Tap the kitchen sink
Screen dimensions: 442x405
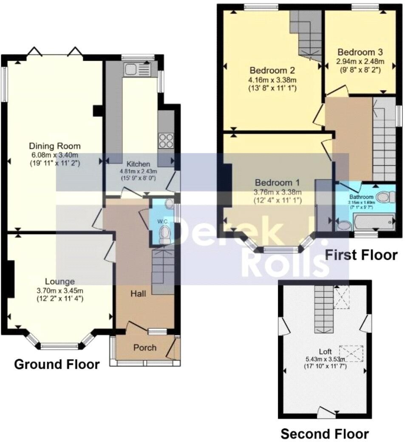pos(136,69)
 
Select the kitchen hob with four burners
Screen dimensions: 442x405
pos(166,141)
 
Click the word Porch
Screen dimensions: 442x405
pos(145,348)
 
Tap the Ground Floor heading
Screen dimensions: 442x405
pos(57,364)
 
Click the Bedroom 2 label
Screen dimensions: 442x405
pos(272,71)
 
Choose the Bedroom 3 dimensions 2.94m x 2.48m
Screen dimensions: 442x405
pos(360,61)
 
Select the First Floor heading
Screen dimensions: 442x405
pos(361,255)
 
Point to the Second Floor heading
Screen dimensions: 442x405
pos(325,433)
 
